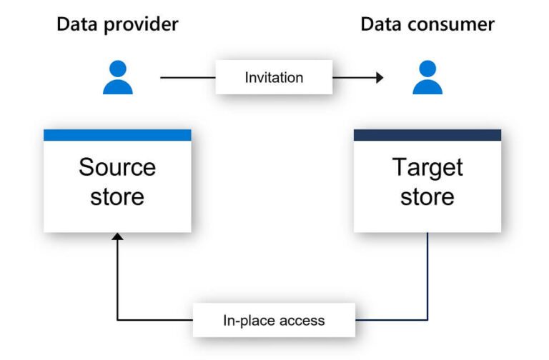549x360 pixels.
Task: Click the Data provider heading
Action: (117, 24)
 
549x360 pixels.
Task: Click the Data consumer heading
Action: (427, 24)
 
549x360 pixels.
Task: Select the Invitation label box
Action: (274, 77)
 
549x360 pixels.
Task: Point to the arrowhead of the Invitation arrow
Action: (379, 77)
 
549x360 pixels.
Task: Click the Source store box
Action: (117, 181)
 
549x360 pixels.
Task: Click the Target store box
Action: (427, 181)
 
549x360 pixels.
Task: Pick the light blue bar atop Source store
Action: (117, 135)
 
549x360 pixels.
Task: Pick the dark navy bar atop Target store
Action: (427, 135)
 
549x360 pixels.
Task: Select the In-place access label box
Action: (274, 320)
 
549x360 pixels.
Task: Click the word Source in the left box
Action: (117, 167)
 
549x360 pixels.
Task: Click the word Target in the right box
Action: (427, 167)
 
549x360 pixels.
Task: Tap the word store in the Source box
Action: (117, 196)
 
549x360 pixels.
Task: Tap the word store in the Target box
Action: (427, 196)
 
